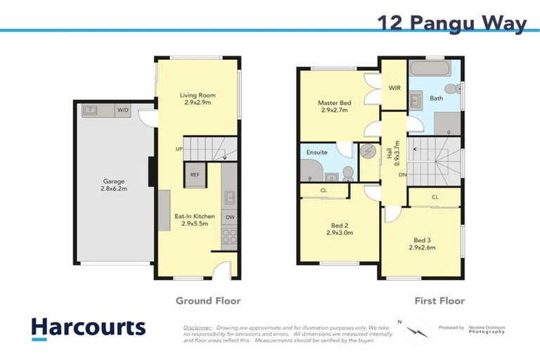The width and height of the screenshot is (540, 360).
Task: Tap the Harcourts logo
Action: point(89,328)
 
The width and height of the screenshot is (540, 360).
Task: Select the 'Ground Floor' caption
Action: point(207,300)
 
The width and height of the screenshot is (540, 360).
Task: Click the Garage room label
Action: point(113,185)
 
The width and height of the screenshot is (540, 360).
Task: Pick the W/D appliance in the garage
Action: point(123,110)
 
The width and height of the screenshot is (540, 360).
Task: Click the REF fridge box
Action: point(194,175)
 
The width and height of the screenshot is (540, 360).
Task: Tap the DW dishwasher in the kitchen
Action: point(230,217)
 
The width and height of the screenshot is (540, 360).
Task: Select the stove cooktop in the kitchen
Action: point(230,236)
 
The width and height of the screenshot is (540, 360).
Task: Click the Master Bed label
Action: point(335,107)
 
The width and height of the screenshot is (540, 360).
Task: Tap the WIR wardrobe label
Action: point(394,89)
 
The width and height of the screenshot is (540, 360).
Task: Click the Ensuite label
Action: point(316,152)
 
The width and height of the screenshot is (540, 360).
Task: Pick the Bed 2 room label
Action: point(335,230)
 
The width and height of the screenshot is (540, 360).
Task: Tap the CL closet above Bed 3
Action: point(435,198)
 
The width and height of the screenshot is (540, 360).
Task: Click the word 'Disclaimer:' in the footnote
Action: point(198,328)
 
